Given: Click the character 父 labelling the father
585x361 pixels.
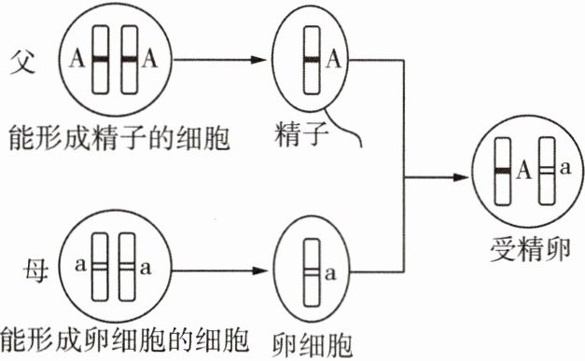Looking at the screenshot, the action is pyautogui.click(x=22, y=62).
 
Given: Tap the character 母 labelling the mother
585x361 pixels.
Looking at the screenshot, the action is pyautogui.click(x=36, y=271).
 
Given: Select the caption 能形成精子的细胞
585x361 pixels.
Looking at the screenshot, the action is pyautogui.click(x=118, y=138).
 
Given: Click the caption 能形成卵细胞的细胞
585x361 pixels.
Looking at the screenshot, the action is pyautogui.click(x=125, y=340).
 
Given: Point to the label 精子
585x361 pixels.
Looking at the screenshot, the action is pyautogui.click(x=300, y=134).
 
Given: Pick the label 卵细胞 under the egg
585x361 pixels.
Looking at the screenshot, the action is pyautogui.click(x=312, y=345).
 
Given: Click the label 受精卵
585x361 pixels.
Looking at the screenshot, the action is pyautogui.click(x=530, y=249).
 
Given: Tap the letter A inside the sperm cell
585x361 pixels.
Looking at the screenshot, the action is pyautogui.click(x=333, y=60).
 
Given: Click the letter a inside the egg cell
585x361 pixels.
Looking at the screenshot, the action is pyautogui.click(x=329, y=273).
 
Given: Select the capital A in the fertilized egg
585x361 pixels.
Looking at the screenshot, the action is pyautogui.click(x=523, y=170).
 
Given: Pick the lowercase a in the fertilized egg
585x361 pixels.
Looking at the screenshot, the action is pyautogui.click(x=565, y=168).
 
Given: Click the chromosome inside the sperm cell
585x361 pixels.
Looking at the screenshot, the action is pyautogui.click(x=312, y=60).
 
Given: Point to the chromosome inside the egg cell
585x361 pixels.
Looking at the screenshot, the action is pyautogui.click(x=312, y=272).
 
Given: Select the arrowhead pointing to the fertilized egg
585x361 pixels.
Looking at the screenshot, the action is pyautogui.click(x=460, y=177).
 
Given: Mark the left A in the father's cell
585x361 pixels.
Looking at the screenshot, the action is pyautogui.click(x=77, y=60).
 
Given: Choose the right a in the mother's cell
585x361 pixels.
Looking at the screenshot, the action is pyautogui.click(x=146, y=268).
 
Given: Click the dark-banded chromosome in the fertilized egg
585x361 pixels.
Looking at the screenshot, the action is pyautogui.click(x=503, y=172).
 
